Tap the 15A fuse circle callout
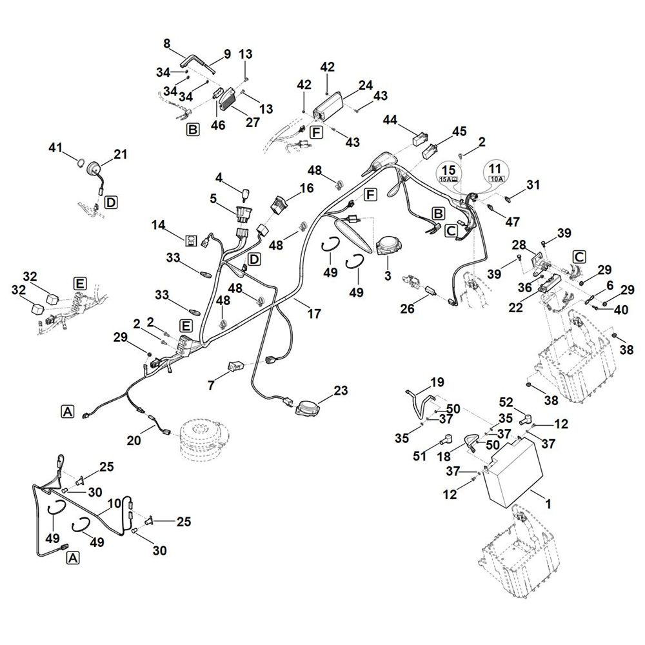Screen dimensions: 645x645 [x=449, y=173]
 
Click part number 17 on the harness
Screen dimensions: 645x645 [x=314, y=313]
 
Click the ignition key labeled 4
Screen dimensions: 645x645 [x=246, y=194]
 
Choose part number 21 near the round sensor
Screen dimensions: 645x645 [x=121, y=154]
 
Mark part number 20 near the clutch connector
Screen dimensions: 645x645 [x=134, y=440]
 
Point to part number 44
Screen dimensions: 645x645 [x=390, y=120]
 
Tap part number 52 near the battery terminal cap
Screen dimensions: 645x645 [x=506, y=402]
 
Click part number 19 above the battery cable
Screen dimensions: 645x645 [x=437, y=382]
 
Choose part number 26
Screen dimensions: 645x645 [x=407, y=308]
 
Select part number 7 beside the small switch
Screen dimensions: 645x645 [x=211, y=386]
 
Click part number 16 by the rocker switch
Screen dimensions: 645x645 [x=307, y=188]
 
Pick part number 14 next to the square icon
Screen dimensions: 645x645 [x=159, y=225]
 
